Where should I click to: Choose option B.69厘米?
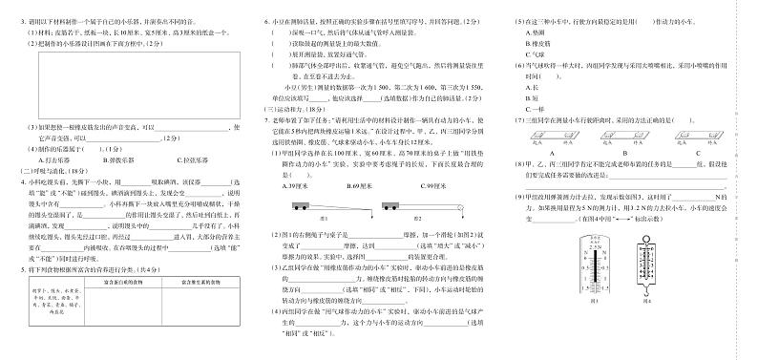360,185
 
